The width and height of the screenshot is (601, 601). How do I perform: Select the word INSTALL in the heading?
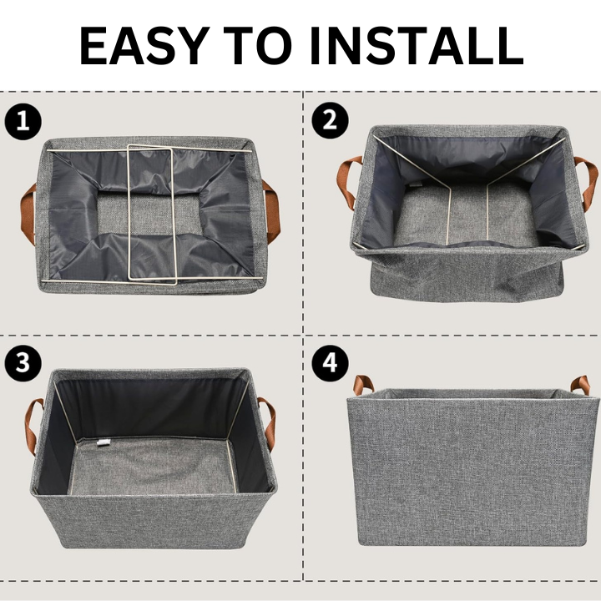[417, 46]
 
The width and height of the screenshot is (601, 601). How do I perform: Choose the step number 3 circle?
[23, 363]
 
